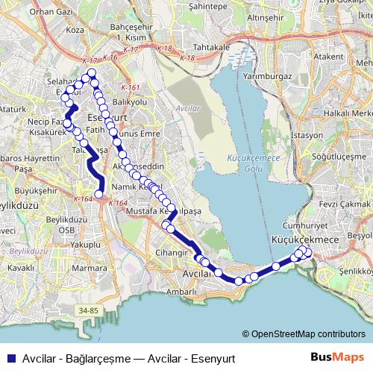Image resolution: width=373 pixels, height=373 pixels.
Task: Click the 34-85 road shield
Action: pos(88,310)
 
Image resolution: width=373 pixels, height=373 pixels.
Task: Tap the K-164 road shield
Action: pos(83,198)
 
